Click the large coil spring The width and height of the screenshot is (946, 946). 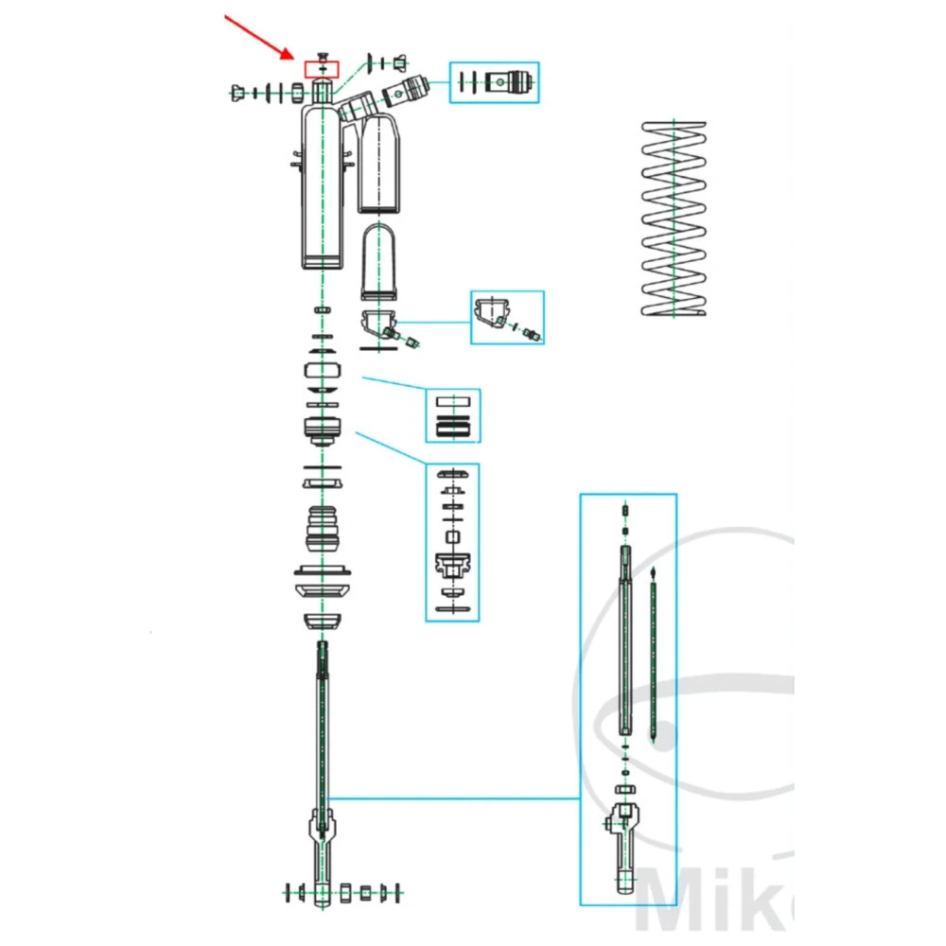coord(672,219)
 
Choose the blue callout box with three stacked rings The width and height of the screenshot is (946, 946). coord(452,415)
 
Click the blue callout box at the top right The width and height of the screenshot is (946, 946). coord(495,82)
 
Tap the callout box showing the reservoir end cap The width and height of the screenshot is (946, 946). coord(508,317)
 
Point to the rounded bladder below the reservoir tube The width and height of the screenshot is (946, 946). coord(381,261)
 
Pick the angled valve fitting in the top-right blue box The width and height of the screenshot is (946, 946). coord(511,82)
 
